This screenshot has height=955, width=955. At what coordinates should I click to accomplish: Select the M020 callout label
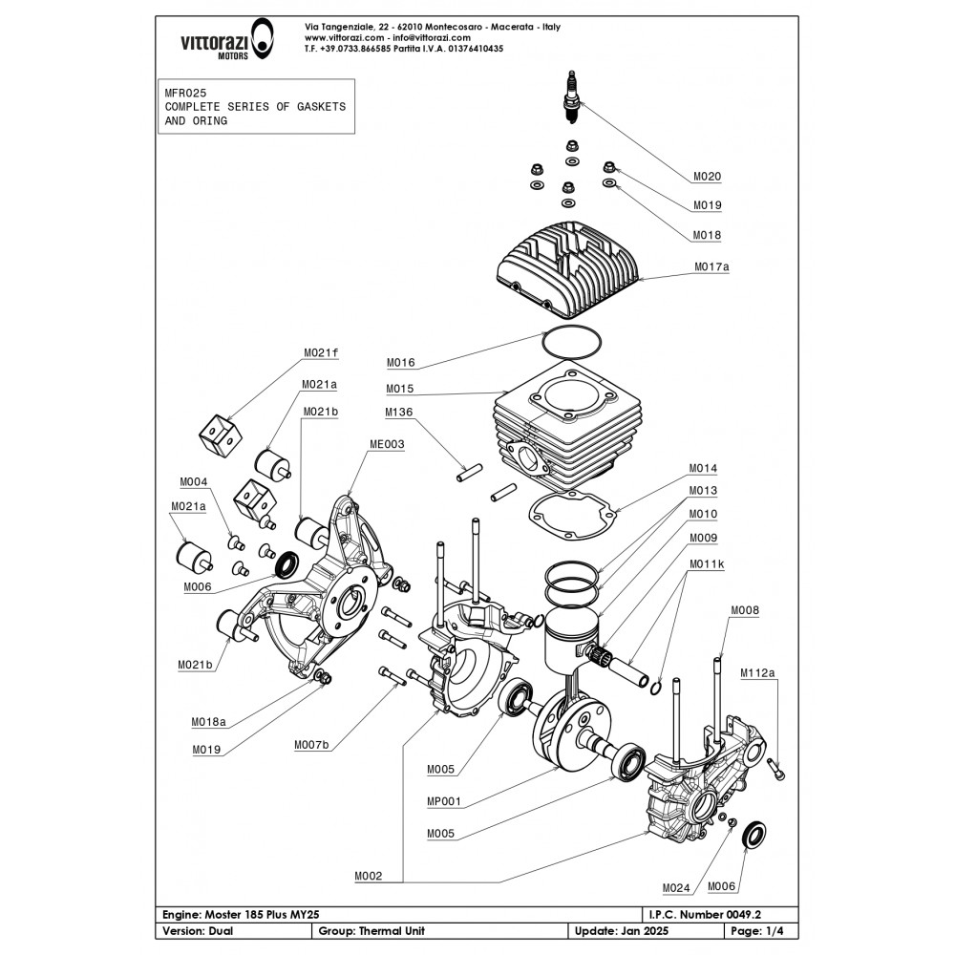[707, 176]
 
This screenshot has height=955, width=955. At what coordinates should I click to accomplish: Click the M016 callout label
[401, 363]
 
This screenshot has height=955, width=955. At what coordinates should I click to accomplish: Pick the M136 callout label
[401, 414]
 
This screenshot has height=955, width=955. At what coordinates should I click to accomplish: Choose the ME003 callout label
[387, 444]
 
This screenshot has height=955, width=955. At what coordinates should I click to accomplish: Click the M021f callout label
[321, 353]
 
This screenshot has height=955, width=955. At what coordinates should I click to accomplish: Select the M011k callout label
[707, 564]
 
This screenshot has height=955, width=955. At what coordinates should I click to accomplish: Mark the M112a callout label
[758, 673]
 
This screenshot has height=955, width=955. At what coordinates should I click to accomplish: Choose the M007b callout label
[313, 745]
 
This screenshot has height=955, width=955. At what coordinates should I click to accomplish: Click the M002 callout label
[368, 876]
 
